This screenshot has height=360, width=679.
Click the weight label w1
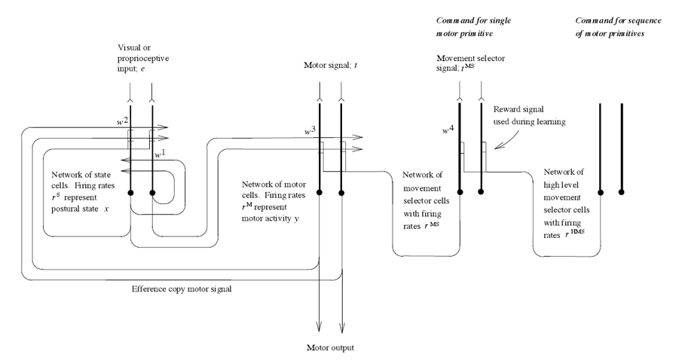coord(160,154)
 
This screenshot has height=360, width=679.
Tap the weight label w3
coord(308,130)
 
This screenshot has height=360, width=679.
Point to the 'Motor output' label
coord(331,348)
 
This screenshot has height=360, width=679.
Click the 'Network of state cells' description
coord(75,191)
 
